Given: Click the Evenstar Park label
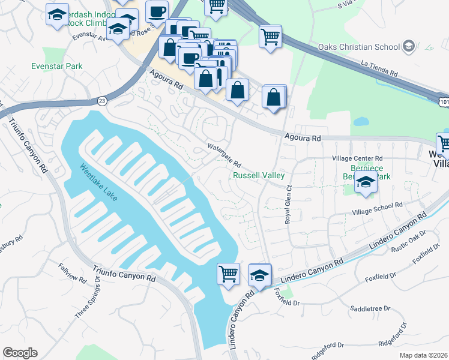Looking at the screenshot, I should click(x=58, y=66).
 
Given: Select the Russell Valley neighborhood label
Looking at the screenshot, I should click(x=258, y=176).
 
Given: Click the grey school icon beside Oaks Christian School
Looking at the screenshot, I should click(x=409, y=46).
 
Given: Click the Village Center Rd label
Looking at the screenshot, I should click(x=357, y=158).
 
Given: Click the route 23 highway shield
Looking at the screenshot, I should click(x=102, y=101).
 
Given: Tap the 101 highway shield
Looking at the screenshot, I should click(x=443, y=103).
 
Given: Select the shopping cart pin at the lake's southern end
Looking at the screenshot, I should click(x=228, y=274).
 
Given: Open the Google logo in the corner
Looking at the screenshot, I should click(x=20, y=353).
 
